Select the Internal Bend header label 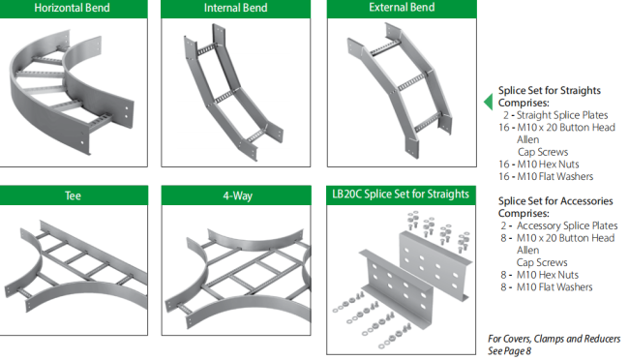pos(235,9)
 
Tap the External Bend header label pos(402,9)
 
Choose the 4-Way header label pos(235,195)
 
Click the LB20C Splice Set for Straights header pos(401,195)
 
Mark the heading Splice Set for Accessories pos(555,201)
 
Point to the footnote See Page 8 pos(510,350)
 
